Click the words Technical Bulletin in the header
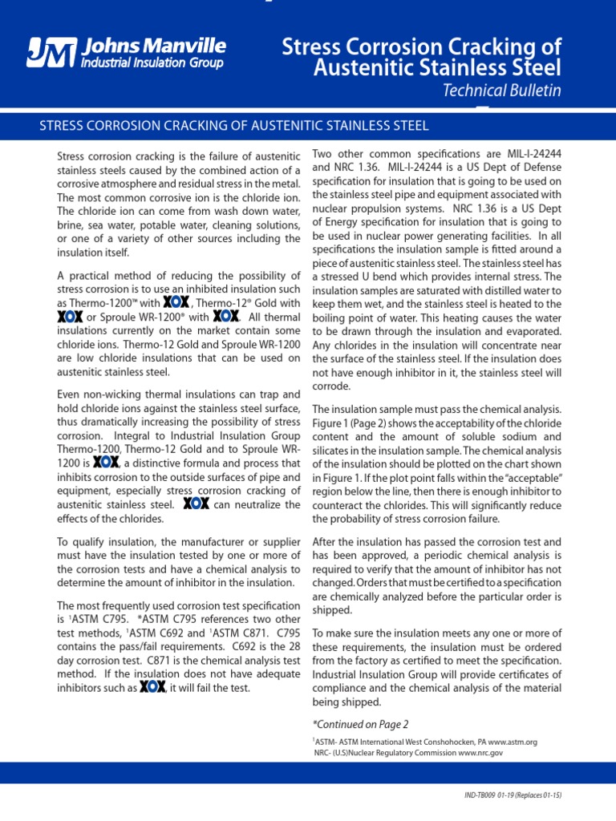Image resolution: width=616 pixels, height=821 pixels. click(x=502, y=91)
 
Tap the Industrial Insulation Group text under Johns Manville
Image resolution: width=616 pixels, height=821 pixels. click(x=152, y=63)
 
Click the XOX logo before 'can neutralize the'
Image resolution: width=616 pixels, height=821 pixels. click(x=197, y=504)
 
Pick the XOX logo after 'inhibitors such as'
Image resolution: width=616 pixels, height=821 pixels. click(x=152, y=687)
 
